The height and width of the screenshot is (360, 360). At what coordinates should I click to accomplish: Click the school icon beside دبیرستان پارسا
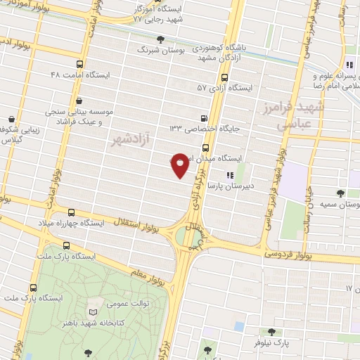pos(229,175)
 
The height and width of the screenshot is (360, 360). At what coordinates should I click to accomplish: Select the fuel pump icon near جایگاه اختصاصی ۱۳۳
pos(204,118)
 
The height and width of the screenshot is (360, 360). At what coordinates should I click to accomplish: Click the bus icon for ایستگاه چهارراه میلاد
pos(71,212)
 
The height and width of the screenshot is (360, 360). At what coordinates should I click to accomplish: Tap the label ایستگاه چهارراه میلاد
pos(70,223)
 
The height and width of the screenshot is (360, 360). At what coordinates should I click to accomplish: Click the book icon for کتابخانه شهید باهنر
pos(92,311)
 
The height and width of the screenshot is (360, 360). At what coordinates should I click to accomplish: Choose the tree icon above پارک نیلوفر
pos(271,331)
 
